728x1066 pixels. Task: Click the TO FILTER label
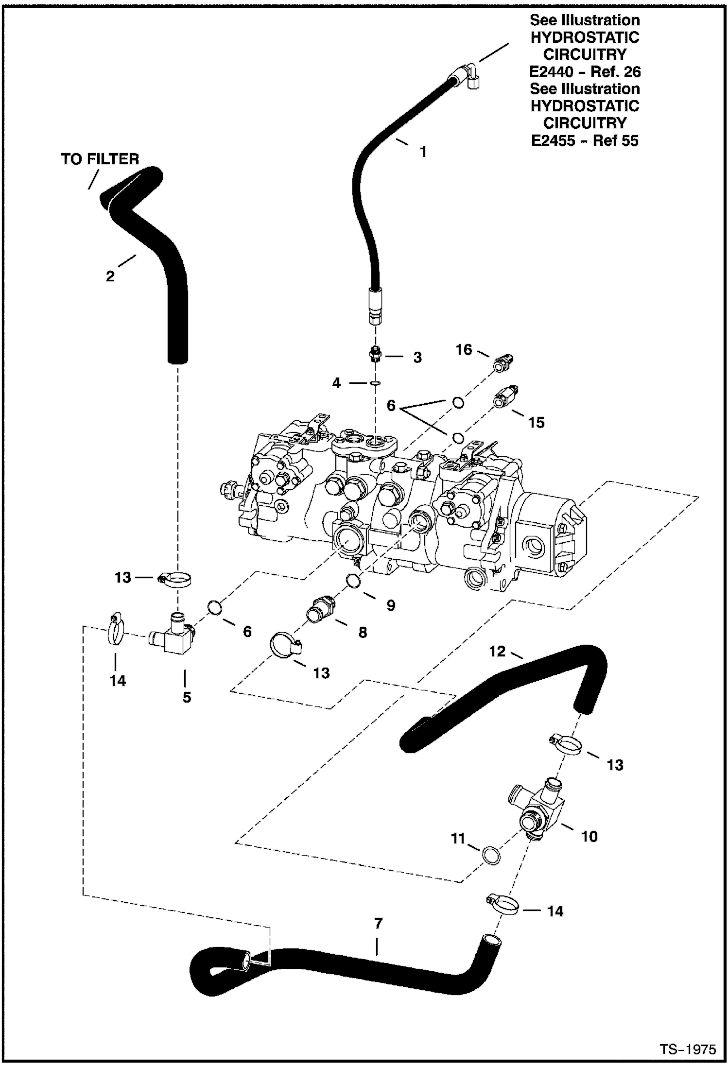click(100, 159)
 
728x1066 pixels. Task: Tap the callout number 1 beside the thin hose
click(423, 152)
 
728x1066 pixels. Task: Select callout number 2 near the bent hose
click(110, 276)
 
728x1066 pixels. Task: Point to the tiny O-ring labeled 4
click(375, 383)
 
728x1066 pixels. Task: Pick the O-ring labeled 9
click(353, 580)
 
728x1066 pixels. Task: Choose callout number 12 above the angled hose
click(497, 651)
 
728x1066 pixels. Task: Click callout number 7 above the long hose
click(378, 923)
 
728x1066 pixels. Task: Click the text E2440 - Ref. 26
click(585, 72)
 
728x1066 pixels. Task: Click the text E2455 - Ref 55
click(585, 140)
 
